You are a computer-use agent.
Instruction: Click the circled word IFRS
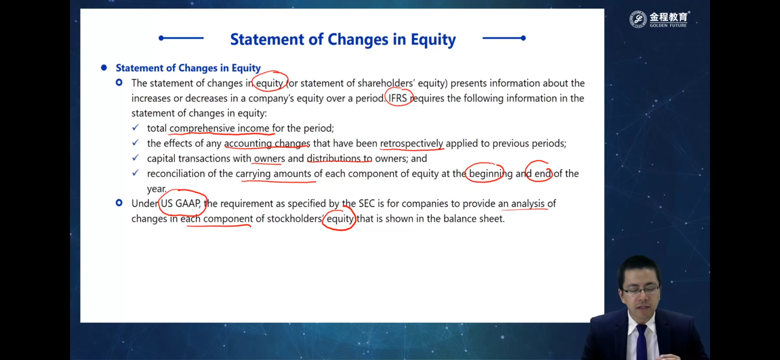(398, 98)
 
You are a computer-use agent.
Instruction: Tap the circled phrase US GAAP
(181, 203)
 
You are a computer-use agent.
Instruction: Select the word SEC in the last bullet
(366, 203)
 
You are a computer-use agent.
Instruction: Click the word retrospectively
(411, 143)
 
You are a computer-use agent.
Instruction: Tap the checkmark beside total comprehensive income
(135, 127)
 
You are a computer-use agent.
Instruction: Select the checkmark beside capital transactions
(135, 157)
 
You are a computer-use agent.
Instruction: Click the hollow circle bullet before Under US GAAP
(119, 203)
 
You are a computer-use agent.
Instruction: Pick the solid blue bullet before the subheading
(104, 68)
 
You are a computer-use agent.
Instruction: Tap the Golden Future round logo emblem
(638, 19)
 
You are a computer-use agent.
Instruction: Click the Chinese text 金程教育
(669, 17)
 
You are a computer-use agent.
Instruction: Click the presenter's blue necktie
(641, 343)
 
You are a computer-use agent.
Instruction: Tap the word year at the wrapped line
(156, 189)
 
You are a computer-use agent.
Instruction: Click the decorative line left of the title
(181, 38)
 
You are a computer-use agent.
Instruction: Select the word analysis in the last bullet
(528, 203)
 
